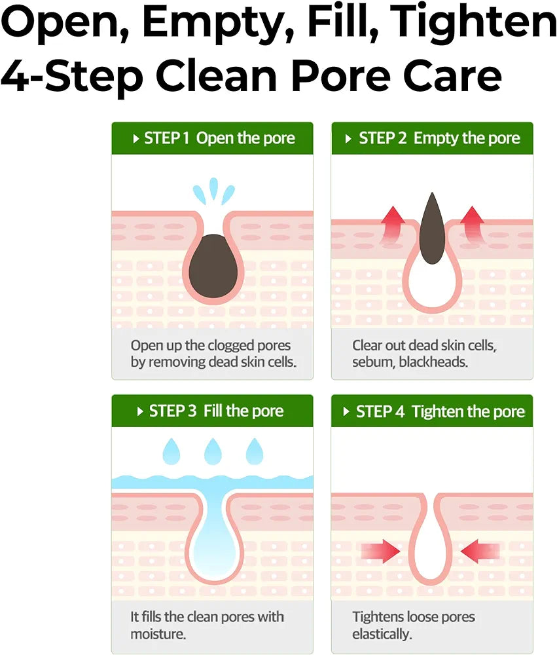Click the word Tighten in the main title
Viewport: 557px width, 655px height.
(476, 22)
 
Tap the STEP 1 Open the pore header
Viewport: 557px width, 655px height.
(213, 138)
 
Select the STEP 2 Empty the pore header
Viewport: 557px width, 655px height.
(432, 138)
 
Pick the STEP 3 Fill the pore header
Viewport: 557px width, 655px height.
(213, 411)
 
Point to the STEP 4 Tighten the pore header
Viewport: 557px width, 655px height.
(432, 411)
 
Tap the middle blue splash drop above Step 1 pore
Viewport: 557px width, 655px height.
(214, 188)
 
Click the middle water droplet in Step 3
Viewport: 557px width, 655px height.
(213, 451)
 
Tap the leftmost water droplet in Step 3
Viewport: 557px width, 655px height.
(171, 451)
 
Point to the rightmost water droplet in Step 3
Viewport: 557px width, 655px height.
(255, 451)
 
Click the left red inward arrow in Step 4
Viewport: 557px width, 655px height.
(381, 551)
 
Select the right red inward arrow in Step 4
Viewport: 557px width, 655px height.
(480, 551)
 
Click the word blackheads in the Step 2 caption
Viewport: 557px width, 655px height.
(433, 362)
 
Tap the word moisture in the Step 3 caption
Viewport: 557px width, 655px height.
(158, 634)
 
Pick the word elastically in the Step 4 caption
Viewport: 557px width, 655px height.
(382, 635)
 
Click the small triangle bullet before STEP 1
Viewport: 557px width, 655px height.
(135, 139)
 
